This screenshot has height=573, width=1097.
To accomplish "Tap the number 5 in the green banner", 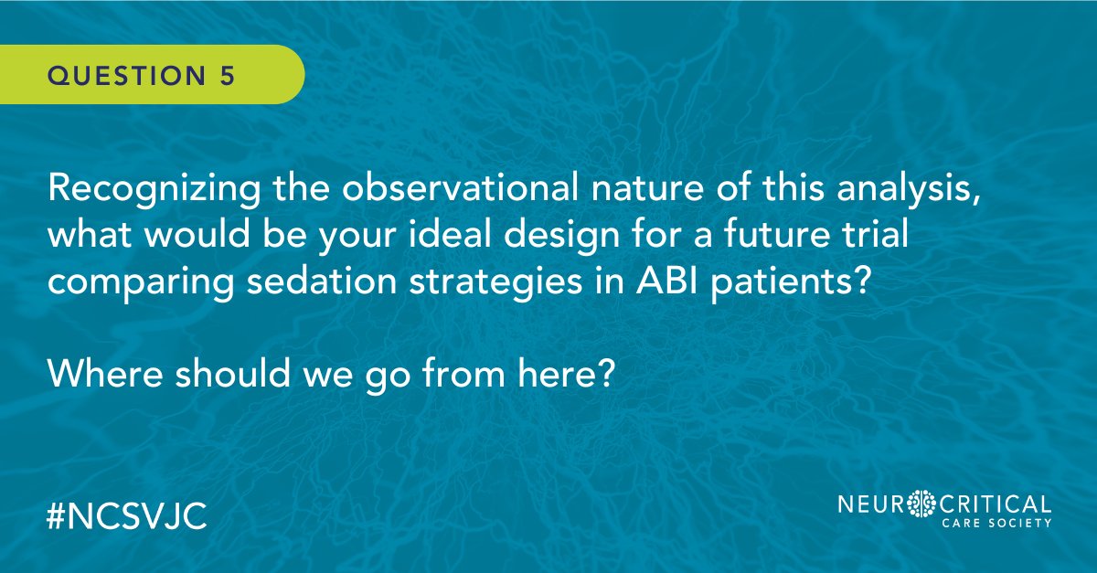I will click(x=226, y=76).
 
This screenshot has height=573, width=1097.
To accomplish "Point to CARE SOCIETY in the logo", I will click(x=999, y=525).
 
